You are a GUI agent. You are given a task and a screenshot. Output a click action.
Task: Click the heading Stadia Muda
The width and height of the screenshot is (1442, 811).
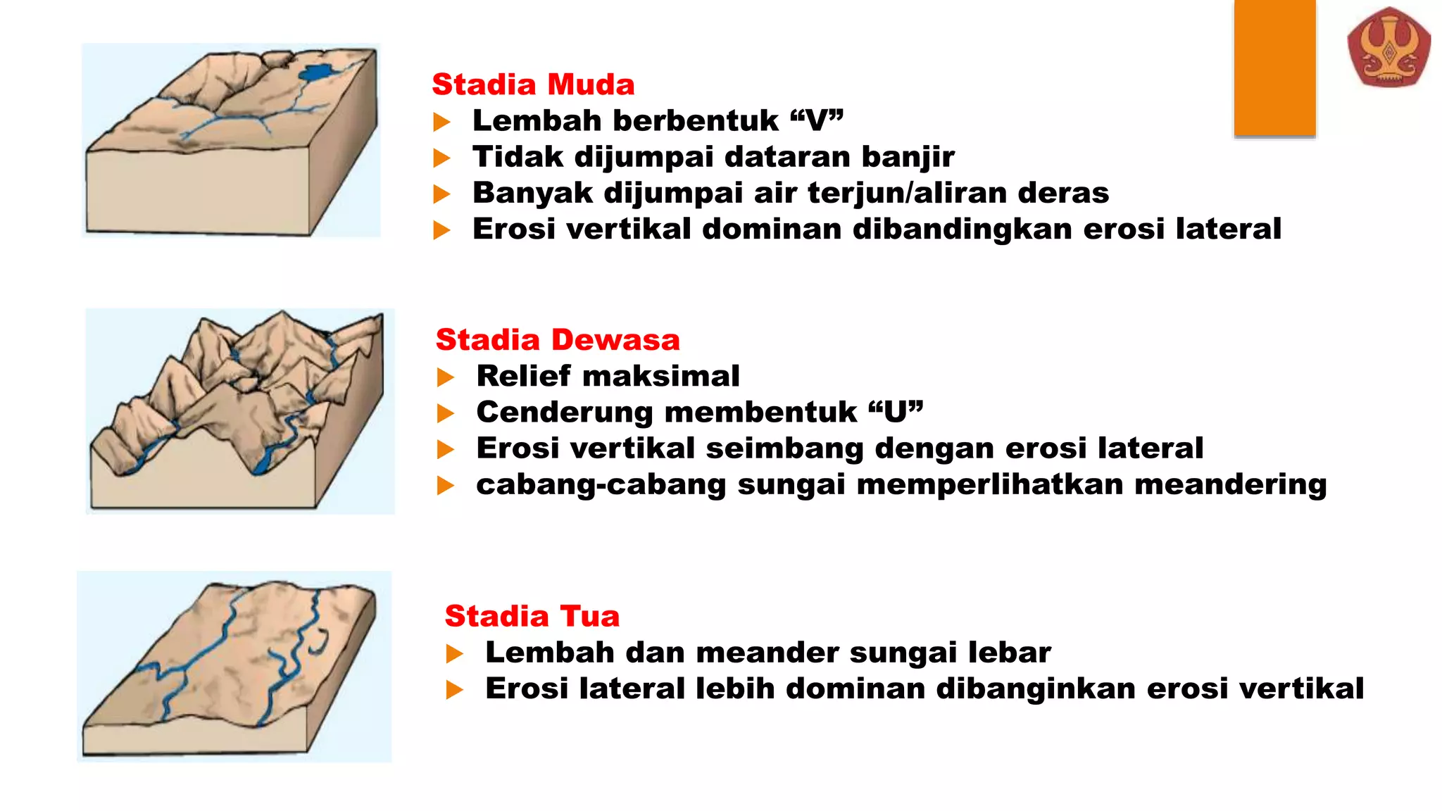pyautogui.click(x=533, y=84)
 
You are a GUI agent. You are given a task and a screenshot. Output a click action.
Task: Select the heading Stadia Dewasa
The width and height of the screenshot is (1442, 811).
pyautogui.click(x=558, y=340)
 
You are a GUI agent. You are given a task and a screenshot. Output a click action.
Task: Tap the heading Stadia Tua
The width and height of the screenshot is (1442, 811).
pyautogui.click(x=532, y=616)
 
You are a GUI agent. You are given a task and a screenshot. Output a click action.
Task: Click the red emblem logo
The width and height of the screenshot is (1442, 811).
pyautogui.click(x=1388, y=48)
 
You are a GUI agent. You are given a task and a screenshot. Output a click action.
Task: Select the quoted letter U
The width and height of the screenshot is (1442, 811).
pyautogui.click(x=896, y=412)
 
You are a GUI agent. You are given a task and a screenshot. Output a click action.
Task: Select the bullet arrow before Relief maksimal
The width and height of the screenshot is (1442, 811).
pyautogui.click(x=445, y=377)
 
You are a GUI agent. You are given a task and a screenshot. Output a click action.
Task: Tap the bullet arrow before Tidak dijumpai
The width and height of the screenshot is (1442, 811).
pyautogui.click(x=441, y=158)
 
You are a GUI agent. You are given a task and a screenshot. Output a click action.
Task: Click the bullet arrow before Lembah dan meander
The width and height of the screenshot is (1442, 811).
pyautogui.click(x=454, y=654)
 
